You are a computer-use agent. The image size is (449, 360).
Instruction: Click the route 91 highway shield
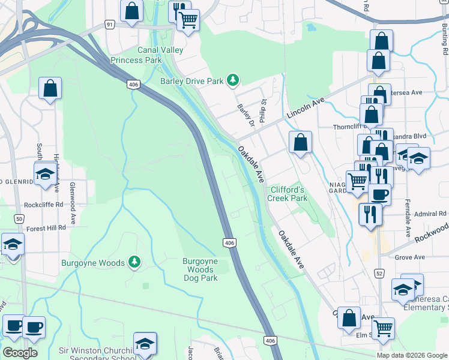click(109, 24)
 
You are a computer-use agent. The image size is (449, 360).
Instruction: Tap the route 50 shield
click(19, 219)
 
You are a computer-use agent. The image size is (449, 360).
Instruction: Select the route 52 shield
click(379, 273)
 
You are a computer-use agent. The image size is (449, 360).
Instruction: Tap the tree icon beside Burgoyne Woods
click(135, 262)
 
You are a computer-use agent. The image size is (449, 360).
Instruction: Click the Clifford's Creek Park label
click(288, 193)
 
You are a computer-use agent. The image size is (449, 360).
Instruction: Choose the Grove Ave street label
click(410, 257)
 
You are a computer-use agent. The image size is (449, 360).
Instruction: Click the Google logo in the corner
click(20, 352)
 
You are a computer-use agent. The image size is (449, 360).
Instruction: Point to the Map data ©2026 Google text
click(412, 355)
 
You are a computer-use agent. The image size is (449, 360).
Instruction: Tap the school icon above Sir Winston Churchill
click(145, 344)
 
